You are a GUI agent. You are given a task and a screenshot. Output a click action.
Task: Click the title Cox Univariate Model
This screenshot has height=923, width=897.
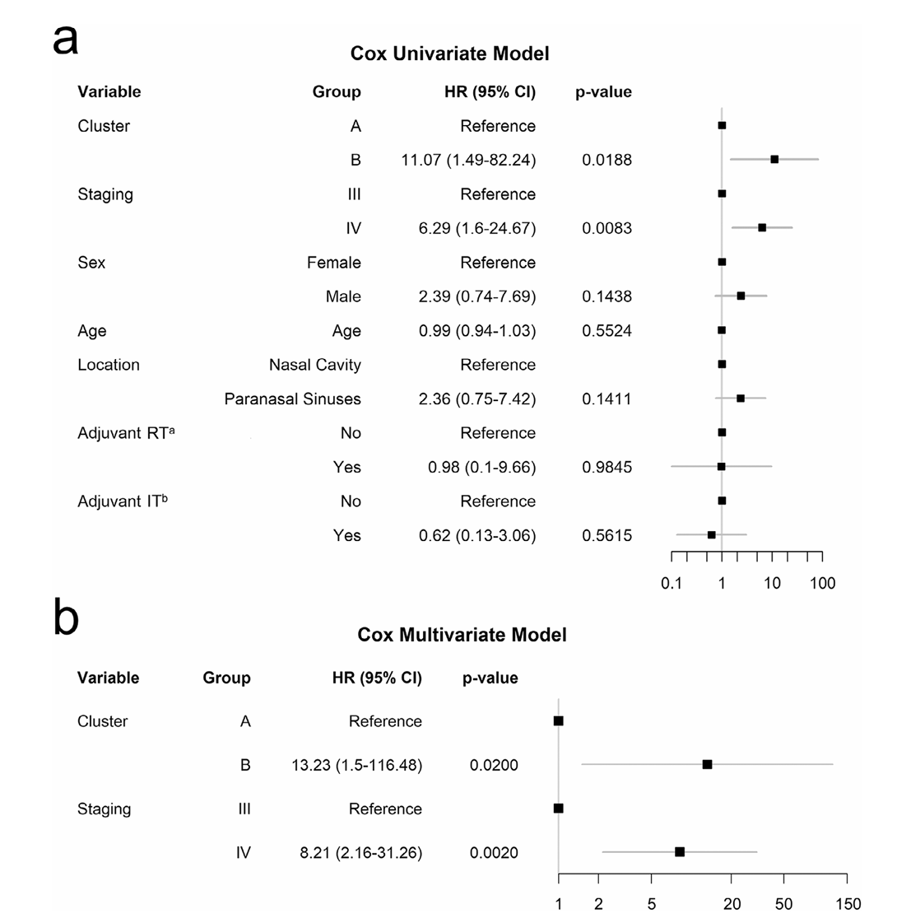449,54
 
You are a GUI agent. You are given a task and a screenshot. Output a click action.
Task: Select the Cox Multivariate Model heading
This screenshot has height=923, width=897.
462,636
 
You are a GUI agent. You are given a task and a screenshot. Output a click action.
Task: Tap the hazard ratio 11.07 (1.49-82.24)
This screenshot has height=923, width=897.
468,160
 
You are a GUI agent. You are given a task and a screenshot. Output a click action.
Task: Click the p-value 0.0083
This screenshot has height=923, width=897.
607,228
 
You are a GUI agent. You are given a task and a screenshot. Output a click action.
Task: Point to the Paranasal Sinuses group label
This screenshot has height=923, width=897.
292,399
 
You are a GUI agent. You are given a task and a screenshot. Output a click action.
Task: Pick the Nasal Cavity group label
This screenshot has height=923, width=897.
314,365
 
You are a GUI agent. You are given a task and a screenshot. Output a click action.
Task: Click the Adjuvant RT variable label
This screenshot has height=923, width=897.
126,433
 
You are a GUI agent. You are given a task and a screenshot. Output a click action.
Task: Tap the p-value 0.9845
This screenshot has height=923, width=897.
607,468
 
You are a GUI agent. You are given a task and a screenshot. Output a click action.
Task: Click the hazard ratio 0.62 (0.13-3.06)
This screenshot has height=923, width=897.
476,536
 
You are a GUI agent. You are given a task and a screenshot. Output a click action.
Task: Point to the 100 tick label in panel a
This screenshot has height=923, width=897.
822,584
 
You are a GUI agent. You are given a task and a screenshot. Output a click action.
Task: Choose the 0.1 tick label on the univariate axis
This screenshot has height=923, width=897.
672,584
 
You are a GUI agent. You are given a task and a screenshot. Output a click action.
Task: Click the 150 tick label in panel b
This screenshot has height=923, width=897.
848,904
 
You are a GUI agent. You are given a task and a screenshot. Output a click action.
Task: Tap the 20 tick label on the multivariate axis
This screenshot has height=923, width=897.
732,904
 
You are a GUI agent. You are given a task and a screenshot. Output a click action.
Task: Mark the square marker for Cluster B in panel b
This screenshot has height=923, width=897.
707,764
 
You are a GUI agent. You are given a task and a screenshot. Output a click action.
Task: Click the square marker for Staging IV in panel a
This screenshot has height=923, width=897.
762,227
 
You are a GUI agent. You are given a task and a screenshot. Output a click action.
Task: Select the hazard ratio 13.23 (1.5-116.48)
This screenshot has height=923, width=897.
356,766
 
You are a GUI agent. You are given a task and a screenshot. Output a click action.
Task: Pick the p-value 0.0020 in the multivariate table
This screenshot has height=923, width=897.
494,853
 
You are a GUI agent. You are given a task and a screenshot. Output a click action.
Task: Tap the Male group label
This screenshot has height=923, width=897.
342,296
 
